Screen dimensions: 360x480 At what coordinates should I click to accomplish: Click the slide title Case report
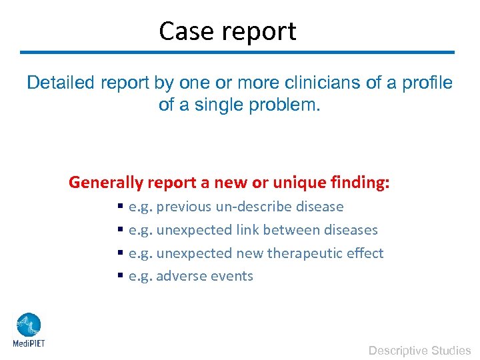[227, 31]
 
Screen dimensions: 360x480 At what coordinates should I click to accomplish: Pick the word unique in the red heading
[296, 182]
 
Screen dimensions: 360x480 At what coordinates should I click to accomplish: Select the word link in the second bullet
[247, 230]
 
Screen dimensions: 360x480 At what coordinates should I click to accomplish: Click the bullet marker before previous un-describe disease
[120, 207]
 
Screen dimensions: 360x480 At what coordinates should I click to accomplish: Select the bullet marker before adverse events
[120, 277]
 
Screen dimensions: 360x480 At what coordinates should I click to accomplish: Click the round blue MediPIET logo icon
[29, 325]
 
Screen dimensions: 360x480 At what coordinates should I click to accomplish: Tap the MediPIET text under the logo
[29, 344]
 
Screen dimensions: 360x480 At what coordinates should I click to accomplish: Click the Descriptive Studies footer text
[419, 350]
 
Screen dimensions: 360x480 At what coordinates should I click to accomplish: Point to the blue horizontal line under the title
[237, 52]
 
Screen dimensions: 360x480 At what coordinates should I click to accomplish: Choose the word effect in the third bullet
[365, 253]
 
